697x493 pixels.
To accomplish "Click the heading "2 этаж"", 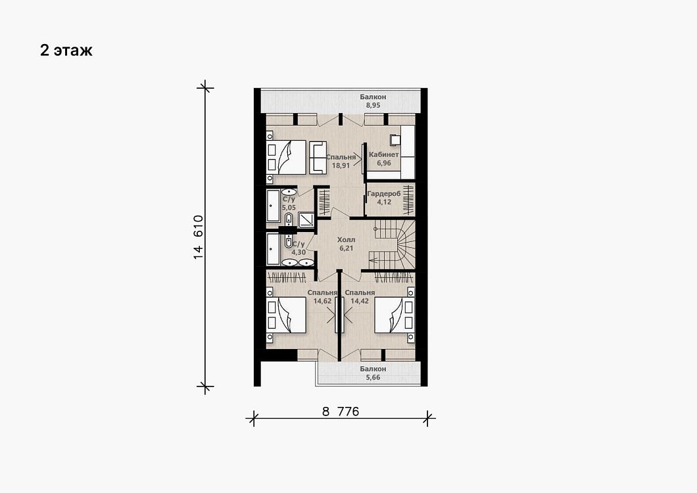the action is click(66, 51).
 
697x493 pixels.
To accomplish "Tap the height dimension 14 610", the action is click(199, 237).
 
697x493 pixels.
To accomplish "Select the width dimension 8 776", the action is click(341, 411).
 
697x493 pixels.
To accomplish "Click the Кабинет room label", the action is click(383, 154).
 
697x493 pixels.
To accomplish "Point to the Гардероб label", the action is click(384, 194).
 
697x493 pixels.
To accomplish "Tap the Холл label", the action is click(347, 240).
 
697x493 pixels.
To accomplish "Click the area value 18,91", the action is click(341, 165).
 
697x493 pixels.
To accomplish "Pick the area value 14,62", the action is click(322, 301).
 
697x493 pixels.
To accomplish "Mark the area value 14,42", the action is click(360, 301).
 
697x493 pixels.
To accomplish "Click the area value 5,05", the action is click(289, 208).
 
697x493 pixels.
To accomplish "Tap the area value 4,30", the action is click(299, 252).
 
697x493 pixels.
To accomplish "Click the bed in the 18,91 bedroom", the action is click(286, 157).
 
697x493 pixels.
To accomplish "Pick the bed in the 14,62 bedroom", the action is click(286, 315).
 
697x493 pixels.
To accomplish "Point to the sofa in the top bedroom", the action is click(318, 157).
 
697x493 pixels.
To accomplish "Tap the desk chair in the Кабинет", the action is click(395, 139).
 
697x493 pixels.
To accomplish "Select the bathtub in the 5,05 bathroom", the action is click(273, 206).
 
